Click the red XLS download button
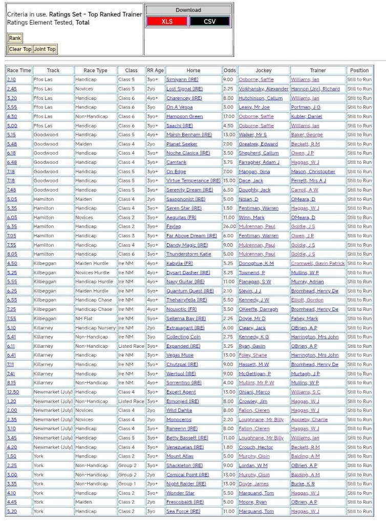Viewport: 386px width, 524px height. (167, 22)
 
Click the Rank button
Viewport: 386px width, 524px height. (15, 38)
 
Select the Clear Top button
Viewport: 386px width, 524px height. (20, 49)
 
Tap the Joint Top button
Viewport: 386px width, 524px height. (45, 49)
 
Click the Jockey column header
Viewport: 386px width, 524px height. (263, 70)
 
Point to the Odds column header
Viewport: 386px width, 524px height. (229, 70)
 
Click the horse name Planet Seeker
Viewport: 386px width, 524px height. (181, 144)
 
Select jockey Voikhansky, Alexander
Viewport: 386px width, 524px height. (263, 89)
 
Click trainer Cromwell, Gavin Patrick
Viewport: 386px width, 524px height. (317, 263)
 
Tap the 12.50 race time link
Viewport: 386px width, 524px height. (13, 392)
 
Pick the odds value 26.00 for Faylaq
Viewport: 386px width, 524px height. (228, 226)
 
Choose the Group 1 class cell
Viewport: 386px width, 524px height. (127, 484)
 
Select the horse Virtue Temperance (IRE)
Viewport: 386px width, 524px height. (193, 180)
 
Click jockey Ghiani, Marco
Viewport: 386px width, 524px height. (255, 392)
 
